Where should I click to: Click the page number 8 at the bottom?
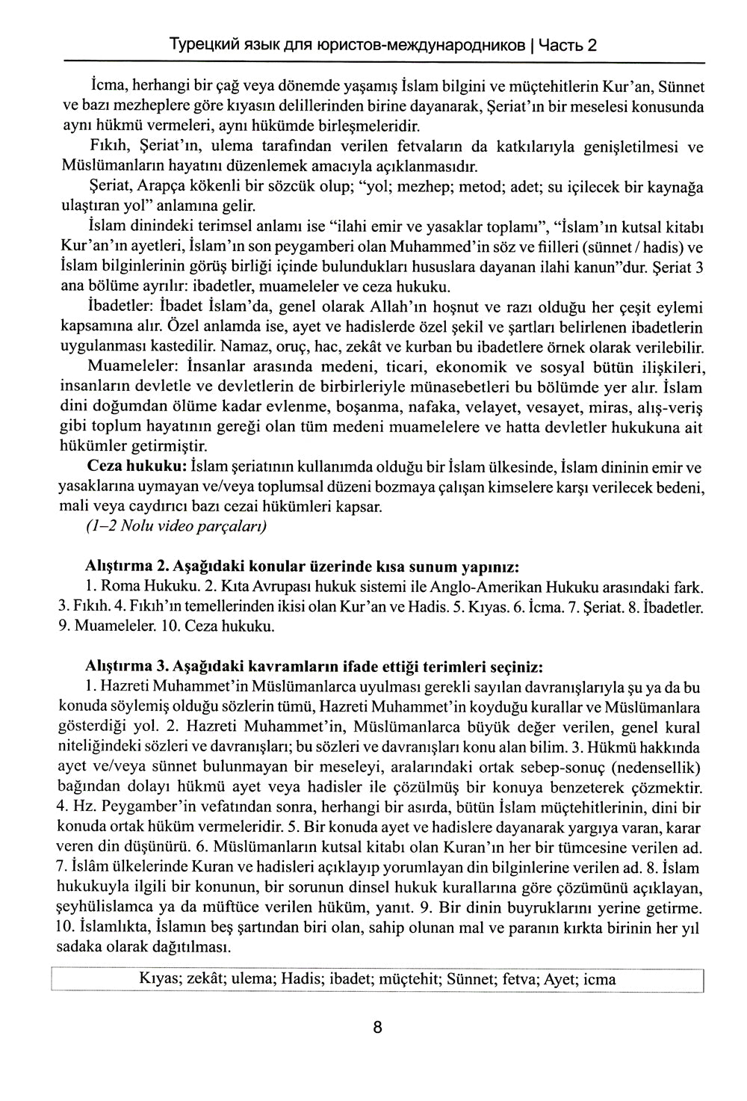point(377,1028)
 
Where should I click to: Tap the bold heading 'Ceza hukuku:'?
point(137,468)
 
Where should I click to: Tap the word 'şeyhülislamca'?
point(104,908)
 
